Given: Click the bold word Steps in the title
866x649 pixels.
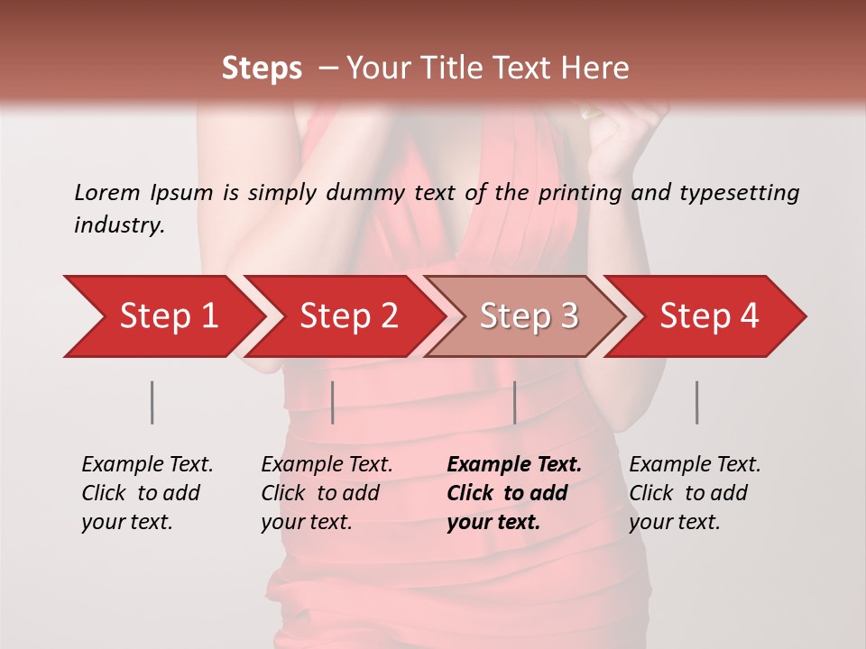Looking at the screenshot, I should tap(262, 69).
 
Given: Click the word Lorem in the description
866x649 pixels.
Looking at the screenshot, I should tap(106, 192).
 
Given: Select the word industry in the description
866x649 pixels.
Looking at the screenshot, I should tap(119, 225).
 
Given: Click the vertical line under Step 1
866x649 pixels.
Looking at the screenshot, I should tap(152, 402).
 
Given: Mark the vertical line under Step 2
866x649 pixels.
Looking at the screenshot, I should tap(333, 402).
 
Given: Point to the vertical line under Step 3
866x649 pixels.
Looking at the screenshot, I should tap(514, 402).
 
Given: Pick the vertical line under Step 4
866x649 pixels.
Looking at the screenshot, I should tap(696, 402).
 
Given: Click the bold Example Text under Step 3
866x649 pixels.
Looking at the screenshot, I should tap(514, 465).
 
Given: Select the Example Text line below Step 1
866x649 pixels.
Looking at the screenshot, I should tap(147, 465).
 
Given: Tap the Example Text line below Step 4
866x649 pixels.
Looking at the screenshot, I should tap(695, 465).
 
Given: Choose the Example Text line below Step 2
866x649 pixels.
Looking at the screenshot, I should tap(327, 465).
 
